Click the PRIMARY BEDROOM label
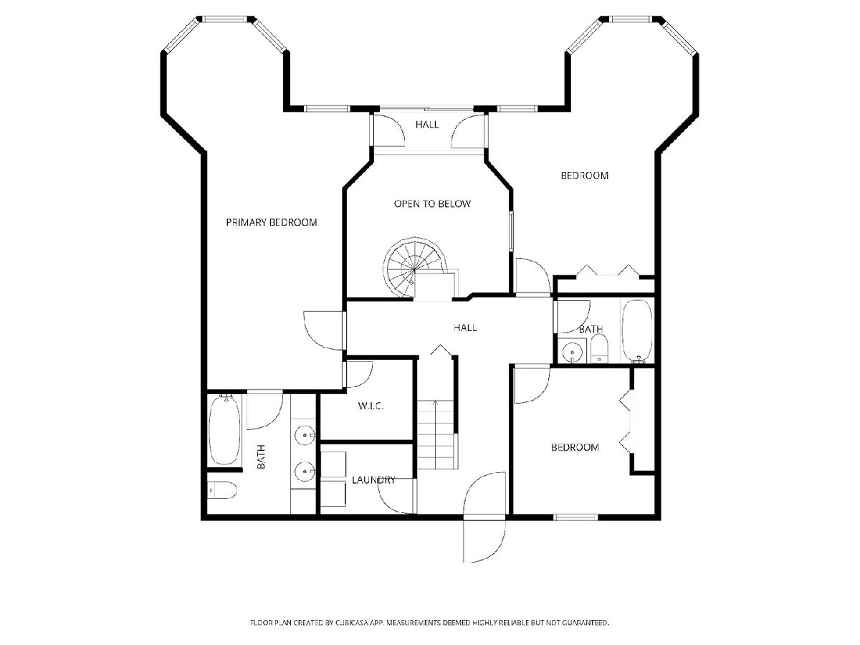tap(271, 222)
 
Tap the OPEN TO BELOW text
tap(432, 204)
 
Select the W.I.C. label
tap(371, 406)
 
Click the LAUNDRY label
tap(373, 479)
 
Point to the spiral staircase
tap(414, 267)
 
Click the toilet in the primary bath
tap(221, 490)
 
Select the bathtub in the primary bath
tap(224, 430)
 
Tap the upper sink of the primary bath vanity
tap(305, 435)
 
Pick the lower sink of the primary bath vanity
tap(305, 472)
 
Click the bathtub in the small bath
tap(637, 330)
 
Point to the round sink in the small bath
tap(572, 353)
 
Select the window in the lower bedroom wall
tap(576, 517)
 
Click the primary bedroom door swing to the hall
tap(324, 331)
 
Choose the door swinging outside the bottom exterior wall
tap(484, 541)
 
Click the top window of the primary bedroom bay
tap(225, 19)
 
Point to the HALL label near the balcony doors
tap(427, 125)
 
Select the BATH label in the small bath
tap(591, 330)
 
